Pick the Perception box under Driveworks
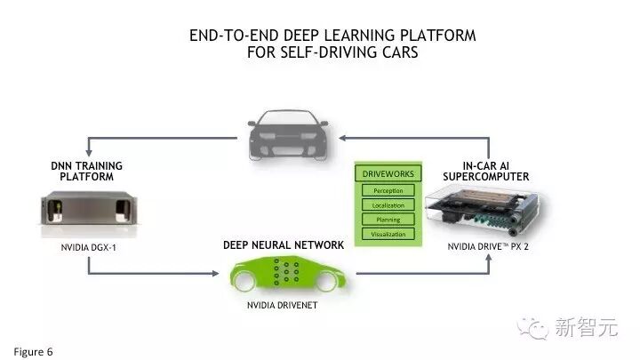[388, 190]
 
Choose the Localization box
[388, 205]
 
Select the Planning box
[388, 220]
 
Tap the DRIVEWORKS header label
[388, 173]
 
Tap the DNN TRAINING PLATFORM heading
[87, 171]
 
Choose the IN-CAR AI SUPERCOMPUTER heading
[485, 171]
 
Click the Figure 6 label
[33, 350]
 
